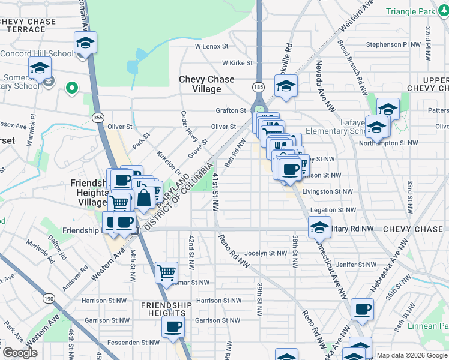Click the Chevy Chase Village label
click(207, 84)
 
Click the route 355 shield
click(97, 115)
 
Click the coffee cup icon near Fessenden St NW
click(173, 327)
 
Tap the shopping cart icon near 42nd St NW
click(166, 272)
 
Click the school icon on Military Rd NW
click(319, 228)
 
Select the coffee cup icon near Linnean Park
click(361, 310)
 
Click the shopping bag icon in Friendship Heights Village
click(145, 198)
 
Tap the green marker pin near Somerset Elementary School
click(72, 89)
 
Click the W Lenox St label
click(211, 46)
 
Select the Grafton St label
click(231, 110)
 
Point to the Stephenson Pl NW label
click(394, 44)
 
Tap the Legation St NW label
click(334, 210)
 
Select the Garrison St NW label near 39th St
click(217, 320)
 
